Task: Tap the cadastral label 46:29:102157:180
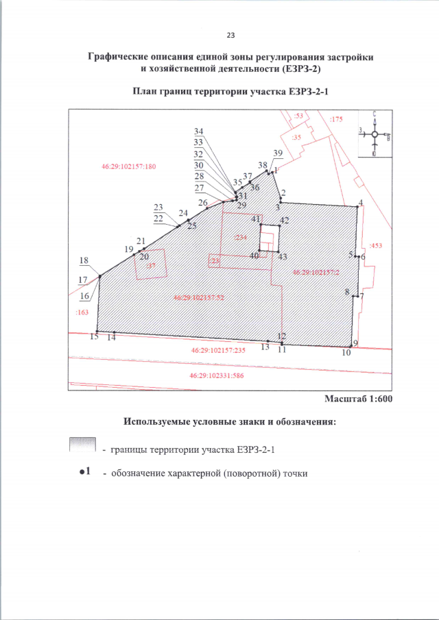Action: [x=128, y=166]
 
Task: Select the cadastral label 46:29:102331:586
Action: [x=217, y=375]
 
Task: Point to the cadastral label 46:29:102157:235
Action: [x=217, y=350]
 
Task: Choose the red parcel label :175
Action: [x=335, y=120]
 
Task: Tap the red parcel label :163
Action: [x=81, y=312]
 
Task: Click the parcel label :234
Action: [x=239, y=237]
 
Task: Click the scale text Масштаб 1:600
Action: [x=358, y=399]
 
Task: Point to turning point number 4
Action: [x=359, y=201]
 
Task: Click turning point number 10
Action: [x=346, y=353]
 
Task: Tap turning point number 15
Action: [x=94, y=337]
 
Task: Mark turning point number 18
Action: [x=84, y=260]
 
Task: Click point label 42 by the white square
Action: [x=284, y=220]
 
